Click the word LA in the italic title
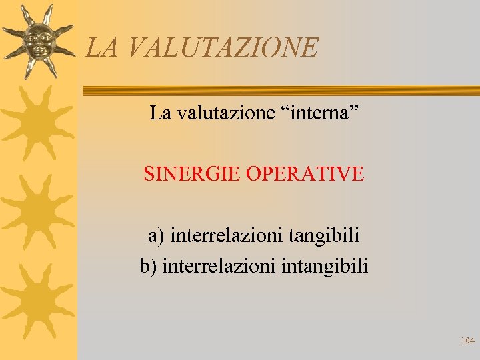(100, 47)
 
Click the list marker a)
(156, 235)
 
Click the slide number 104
(467, 341)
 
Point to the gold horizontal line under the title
(280, 90)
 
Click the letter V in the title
(132, 47)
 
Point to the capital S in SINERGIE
(149, 174)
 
